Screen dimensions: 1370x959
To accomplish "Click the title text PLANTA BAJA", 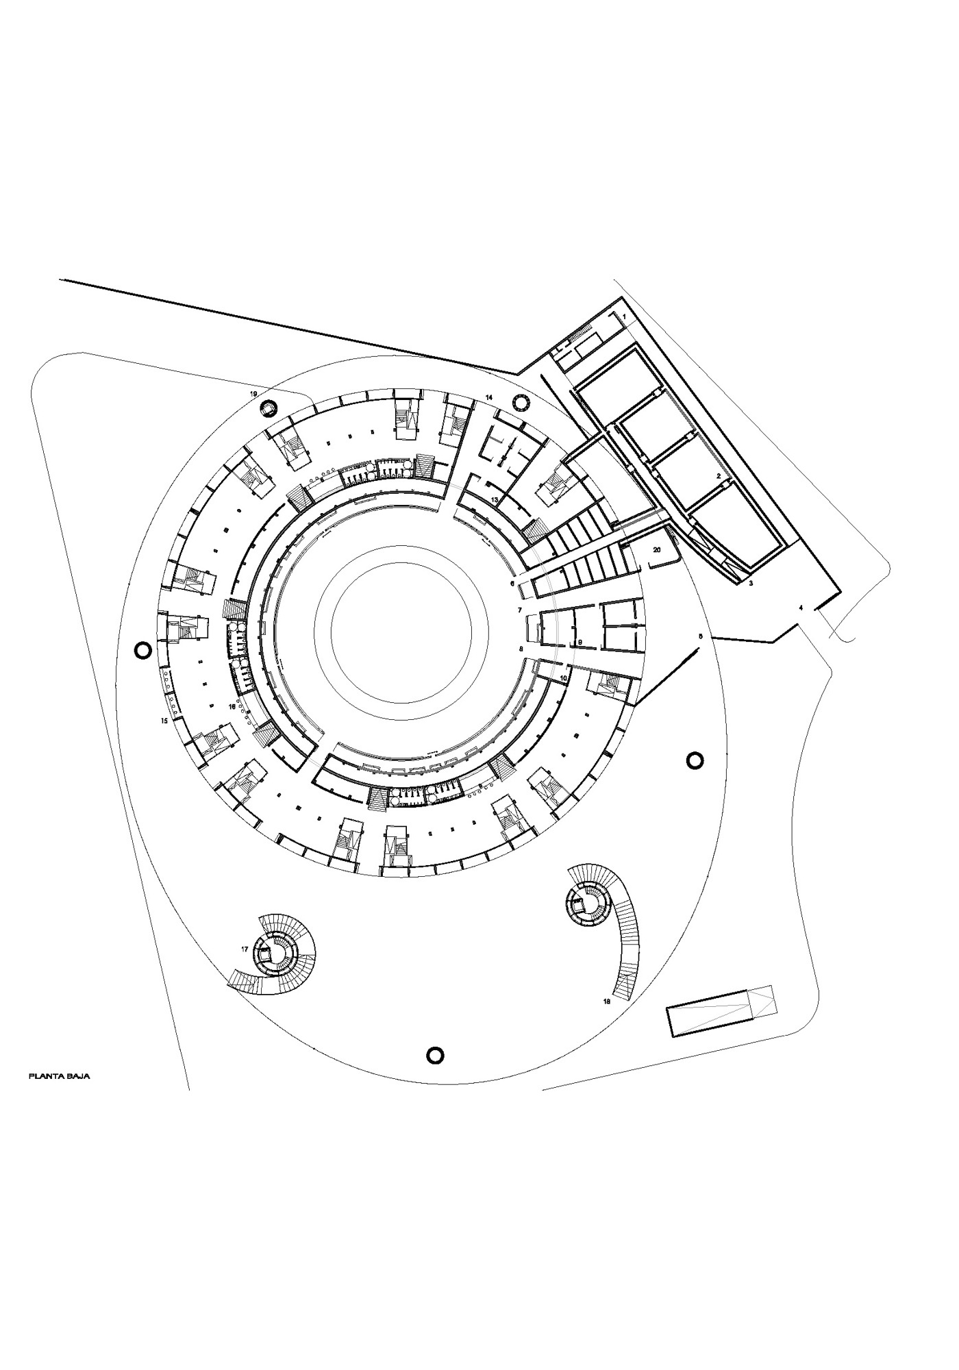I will (59, 1076).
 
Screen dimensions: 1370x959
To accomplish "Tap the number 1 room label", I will (624, 316).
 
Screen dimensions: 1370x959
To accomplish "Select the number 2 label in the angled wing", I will (718, 475).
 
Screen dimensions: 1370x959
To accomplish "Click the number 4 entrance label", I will (800, 608).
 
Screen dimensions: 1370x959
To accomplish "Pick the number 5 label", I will (700, 636).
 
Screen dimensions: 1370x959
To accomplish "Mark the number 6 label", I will (512, 584).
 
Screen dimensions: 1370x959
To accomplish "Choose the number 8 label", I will (521, 648).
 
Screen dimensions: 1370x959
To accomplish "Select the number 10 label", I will (564, 677).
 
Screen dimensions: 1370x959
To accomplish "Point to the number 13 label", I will (495, 501).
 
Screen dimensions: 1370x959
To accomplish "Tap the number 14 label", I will (489, 397).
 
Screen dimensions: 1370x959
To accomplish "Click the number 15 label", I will (164, 721).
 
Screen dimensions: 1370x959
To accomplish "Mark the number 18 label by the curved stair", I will (607, 1001).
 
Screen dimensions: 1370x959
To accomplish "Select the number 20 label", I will (657, 550).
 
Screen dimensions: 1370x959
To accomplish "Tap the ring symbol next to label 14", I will (520, 403).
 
